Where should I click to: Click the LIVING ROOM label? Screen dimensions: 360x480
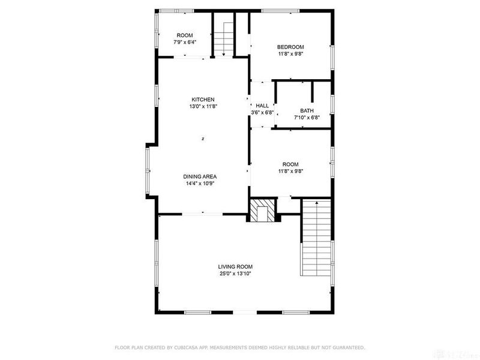pyautogui.click(x=235, y=266)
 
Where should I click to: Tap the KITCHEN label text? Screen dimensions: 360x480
pyautogui.click(x=203, y=100)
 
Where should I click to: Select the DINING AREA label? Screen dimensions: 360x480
pyautogui.click(x=200, y=176)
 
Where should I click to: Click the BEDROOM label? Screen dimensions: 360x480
pyautogui.click(x=290, y=47)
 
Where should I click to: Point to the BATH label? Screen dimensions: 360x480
pyautogui.click(x=307, y=110)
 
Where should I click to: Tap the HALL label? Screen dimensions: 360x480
pyautogui.click(x=262, y=106)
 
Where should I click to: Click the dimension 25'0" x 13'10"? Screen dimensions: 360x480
pyautogui.click(x=235, y=274)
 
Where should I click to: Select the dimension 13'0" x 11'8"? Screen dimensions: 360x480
pyautogui.click(x=203, y=106)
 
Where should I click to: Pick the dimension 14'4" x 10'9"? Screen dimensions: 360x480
pyautogui.click(x=200, y=184)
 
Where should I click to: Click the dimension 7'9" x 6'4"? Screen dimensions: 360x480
pyautogui.click(x=185, y=42)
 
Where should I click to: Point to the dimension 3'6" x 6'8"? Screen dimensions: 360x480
pyautogui.click(x=262, y=112)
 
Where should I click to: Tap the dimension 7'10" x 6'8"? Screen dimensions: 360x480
pyautogui.click(x=307, y=118)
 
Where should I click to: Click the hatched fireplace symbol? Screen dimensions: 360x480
pyautogui.click(x=262, y=212)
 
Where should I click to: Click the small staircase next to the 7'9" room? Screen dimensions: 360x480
pyautogui.click(x=223, y=37)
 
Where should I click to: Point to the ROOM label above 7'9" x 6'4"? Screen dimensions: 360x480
pyautogui.click(x=185, y=35)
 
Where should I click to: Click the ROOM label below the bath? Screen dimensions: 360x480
pyautogui.click(x=290, y=164)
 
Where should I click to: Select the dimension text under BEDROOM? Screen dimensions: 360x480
pyautogui.click(x=290, y=54)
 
